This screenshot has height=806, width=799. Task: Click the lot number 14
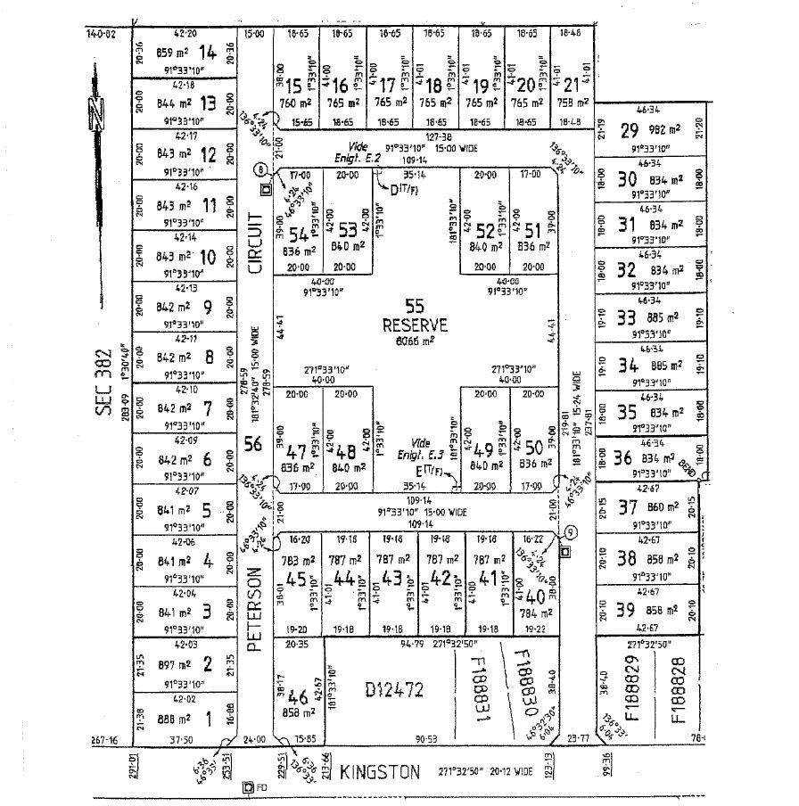pos(210,52)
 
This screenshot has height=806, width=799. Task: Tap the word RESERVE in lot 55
pos(414,324)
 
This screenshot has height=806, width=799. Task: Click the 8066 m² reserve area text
pos(414,340)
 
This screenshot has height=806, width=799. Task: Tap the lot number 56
pos(254,443)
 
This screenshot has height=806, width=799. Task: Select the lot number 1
pos(210,716)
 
